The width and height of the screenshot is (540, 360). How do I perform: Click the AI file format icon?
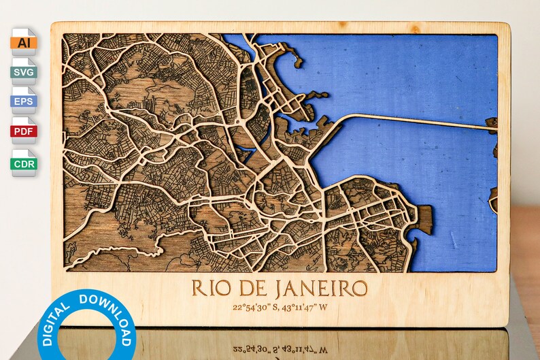click(x=23, y=42)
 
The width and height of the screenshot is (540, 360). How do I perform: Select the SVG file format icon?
click(x=23, y=71)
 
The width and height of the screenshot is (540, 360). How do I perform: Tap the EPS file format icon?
click(x=23, y=101)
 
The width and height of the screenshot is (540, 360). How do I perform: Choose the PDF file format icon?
click(x=23, y=131)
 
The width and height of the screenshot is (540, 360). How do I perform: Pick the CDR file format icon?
click(x=23, y=163)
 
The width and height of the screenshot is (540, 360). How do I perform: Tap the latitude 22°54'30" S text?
click(x=255, y=307)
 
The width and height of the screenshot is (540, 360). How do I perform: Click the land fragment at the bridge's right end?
click(x=492, y=125)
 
